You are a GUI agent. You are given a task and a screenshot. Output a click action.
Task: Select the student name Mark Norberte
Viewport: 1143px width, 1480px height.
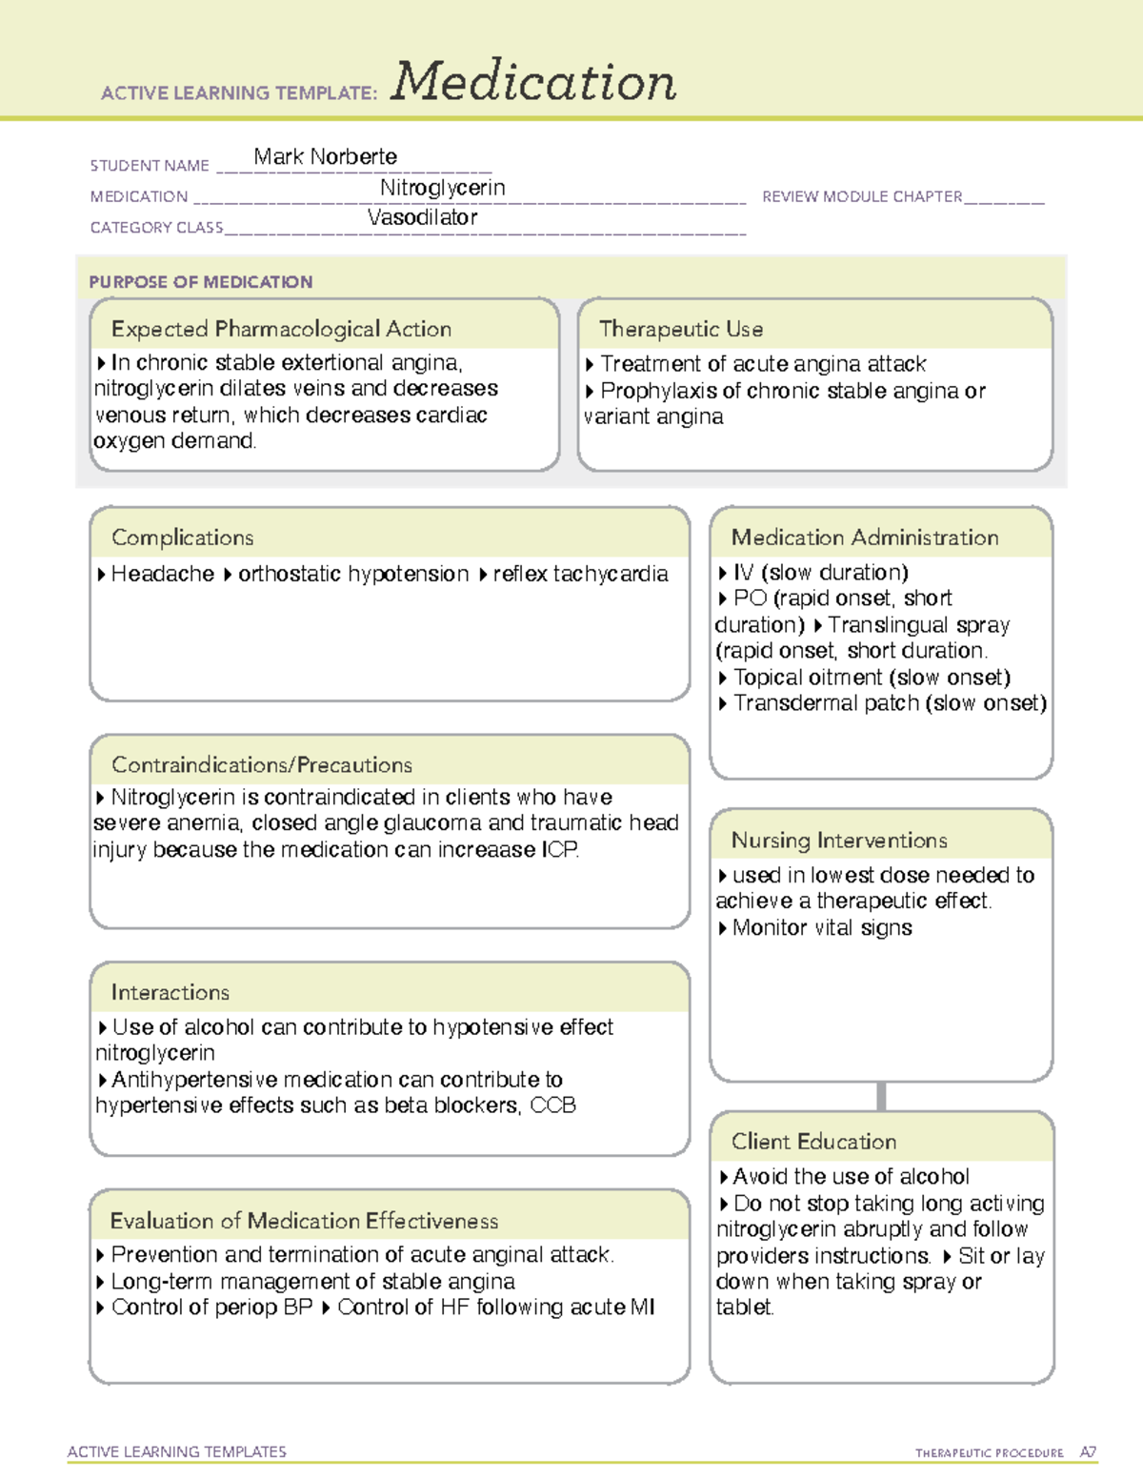click(x=325, y=156)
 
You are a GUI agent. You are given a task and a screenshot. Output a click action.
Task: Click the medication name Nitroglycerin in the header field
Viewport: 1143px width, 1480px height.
click(x=442, y=188)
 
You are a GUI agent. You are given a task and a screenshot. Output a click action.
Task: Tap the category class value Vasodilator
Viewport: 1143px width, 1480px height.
click(x=422, y=217)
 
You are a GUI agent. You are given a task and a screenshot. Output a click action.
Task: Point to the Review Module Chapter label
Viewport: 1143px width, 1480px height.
click(x=862, y=196)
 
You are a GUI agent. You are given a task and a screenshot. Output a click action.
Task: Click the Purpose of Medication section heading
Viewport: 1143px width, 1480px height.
click(x=200, y=282)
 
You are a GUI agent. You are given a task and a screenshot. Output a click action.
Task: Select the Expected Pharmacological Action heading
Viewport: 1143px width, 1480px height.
click(x=281, y=329)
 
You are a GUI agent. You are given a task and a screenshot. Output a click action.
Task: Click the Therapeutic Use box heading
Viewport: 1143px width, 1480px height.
click(x=680, y=329)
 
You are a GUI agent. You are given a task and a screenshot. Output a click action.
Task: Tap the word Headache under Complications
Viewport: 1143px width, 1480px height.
click(x=162, y=574)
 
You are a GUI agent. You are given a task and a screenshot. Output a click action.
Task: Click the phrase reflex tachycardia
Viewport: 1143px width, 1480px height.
click(x=580, y=574)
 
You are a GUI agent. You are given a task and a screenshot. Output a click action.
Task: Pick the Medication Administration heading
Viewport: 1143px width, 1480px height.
click(x=864, y=537)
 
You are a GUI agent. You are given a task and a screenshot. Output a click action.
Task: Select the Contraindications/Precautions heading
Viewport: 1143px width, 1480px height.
click(x=261, y=764)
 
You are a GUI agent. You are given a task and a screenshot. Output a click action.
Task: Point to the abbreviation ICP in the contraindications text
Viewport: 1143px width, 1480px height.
click(x=559, y=849)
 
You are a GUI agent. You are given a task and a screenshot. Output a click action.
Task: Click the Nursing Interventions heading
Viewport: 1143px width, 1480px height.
click(x=838, y=840)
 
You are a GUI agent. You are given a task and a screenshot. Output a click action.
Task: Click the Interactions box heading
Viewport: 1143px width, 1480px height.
click(x=170, y=992)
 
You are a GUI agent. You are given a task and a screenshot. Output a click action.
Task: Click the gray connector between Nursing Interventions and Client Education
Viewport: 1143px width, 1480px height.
click(x=881, y=1096)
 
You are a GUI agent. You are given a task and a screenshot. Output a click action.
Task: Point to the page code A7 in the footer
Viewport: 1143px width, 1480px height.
click(x=1088, y=1452)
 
